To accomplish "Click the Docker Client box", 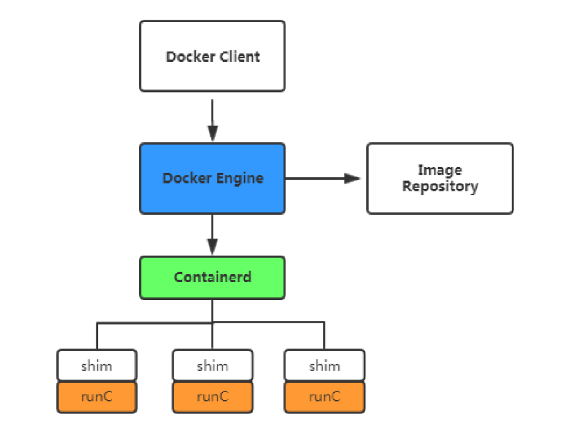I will tap(212, 56).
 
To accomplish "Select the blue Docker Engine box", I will tap(212, 179).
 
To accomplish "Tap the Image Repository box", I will tap(439, 179).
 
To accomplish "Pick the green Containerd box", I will tap(212, 277).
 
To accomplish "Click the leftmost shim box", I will tap(97, 366).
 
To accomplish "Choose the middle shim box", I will tap(212, 366).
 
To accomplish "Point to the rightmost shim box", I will tap(324, 366).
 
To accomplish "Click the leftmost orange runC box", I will tap(97, 397).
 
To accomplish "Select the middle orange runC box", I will tap(212, 397).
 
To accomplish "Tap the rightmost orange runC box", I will tap(324, 397).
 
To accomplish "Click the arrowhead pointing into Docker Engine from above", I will tap(212, 133).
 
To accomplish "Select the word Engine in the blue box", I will tap(241, 179).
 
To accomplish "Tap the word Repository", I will tap(439, 186).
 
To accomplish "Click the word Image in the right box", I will tap(439, 170).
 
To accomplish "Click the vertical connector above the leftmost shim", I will tap(97, 336).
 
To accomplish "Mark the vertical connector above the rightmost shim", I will tap(324, 336).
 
